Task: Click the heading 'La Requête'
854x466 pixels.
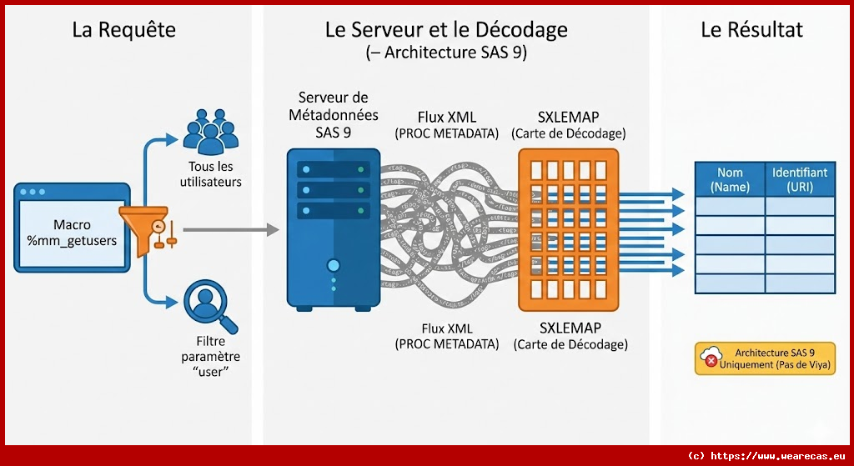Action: [124, 30]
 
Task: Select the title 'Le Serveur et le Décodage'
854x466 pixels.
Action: [446, 30]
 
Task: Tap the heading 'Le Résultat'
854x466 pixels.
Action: [751, 30]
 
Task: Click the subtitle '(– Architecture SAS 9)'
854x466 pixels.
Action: [446, 53]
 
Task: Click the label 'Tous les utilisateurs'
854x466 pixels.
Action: [209, 174]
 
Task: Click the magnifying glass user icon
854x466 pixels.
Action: [208, 306]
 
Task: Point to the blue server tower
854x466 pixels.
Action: [334, 227]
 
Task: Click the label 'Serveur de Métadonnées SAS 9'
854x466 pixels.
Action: [333, 115]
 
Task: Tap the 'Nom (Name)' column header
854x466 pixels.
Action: [730, 179]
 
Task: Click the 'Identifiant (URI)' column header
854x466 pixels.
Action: [800, 179]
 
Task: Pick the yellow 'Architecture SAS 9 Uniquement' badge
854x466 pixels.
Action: [765, 358]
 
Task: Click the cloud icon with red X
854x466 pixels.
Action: [711, 358]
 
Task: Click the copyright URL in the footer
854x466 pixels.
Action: [767, 455]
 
